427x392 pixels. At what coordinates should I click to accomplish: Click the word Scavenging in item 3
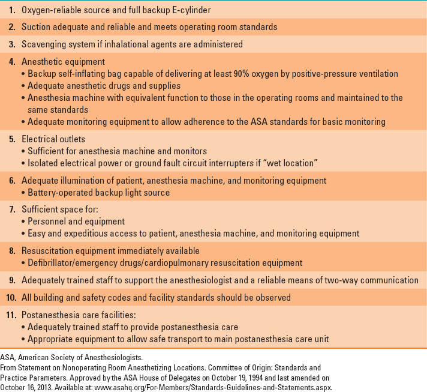click(45, 44)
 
